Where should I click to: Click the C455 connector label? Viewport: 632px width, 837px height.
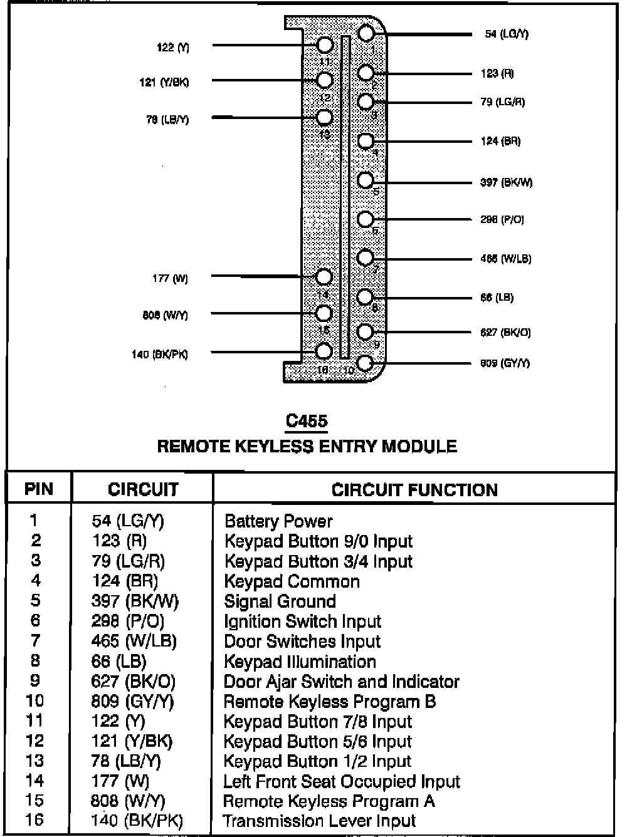(x=307, y=421)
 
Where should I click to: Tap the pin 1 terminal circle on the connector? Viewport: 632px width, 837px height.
(x=366, y=33)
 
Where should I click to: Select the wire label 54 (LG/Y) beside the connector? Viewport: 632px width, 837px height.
(x=507, y=34)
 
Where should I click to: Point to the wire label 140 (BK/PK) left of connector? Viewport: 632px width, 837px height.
(x=159, y=355)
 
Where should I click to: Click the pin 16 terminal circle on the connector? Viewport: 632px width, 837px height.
(x=324, y=351)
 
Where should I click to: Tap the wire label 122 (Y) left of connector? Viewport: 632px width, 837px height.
(x=173, y=47)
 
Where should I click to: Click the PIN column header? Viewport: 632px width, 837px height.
(x=39, y=489)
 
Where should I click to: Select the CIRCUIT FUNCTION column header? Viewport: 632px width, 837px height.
(x=414, y=490)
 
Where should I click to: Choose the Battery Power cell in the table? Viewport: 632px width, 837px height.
(x=278, y=521)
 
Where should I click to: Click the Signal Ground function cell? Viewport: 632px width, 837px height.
(x=280, y=601)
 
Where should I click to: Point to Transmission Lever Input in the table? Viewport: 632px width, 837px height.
(x=319, y=821)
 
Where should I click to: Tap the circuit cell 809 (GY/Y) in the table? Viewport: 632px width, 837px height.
(x=132, y=702)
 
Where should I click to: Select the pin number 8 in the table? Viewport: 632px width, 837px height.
(x=35, y=660)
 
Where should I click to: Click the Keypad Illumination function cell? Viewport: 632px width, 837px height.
(x=300, y=662)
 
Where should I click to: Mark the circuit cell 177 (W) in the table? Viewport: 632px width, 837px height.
(x=120, y=781)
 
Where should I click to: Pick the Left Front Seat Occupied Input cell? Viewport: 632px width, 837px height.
(x=342, y=782)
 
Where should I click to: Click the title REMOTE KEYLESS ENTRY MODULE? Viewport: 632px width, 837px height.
(x=307, y=446)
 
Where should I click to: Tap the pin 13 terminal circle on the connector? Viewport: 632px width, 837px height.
(x=324, y=117)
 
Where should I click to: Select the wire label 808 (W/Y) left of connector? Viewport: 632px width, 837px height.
(x=165, y=315)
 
